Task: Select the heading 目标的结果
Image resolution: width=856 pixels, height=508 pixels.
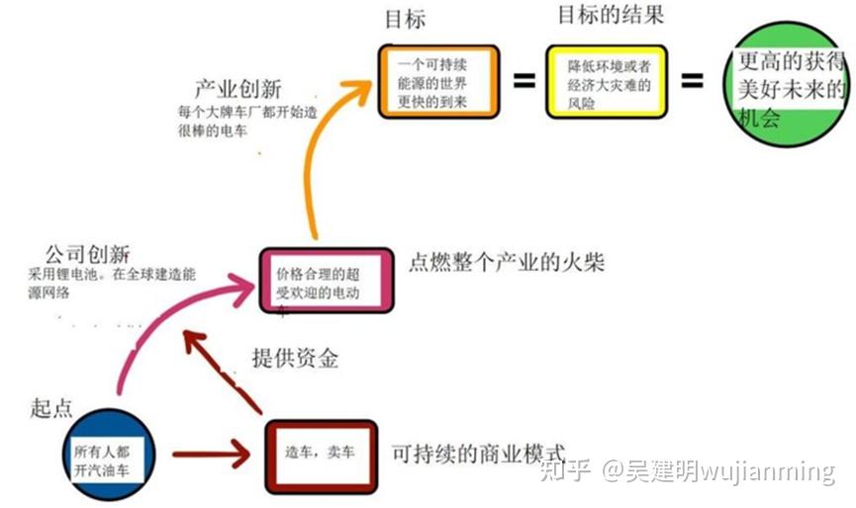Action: pyautogui.click(x=611, y=15)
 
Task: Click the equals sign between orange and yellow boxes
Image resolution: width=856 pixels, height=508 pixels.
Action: pyautogui.click(x=523, y=82)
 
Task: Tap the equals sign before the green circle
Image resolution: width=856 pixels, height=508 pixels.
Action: pyautogui.click(x=693, y=82)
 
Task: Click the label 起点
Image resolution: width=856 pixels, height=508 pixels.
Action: pyautogui.click(x=53, y=408)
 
